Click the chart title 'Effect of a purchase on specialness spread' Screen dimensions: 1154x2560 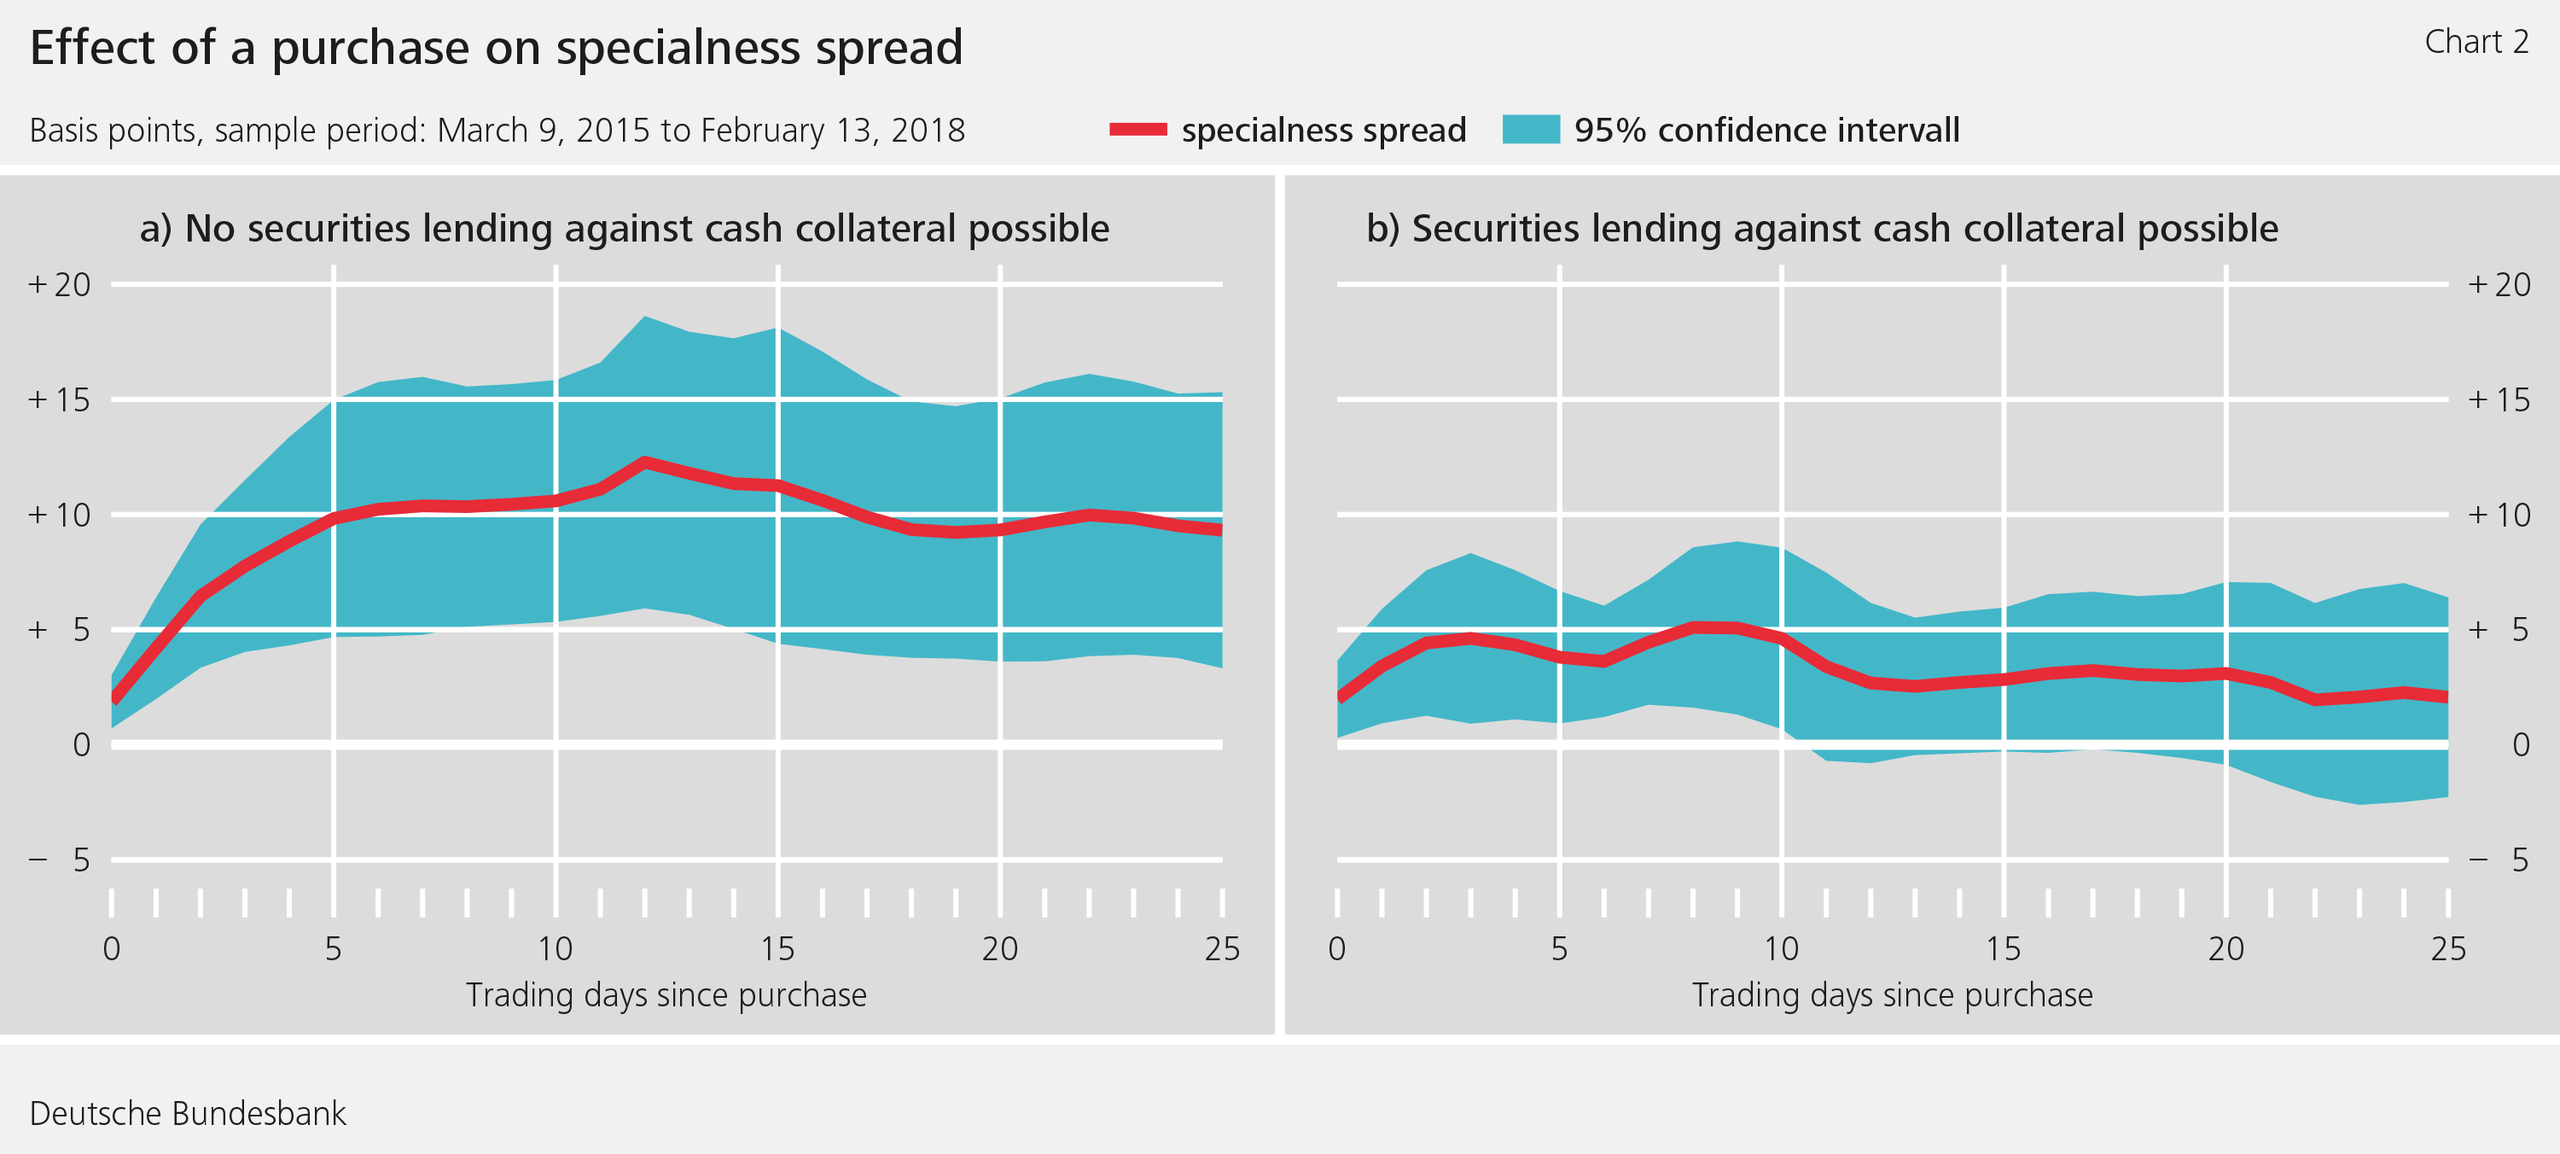(496, 48)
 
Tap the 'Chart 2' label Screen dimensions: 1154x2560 (2476, 42)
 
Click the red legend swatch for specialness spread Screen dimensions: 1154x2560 (1137, 129)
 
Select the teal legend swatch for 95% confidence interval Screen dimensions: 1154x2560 (1530, 129)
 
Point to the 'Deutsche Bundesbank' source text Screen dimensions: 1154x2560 (188, 1113)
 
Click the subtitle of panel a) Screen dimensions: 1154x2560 (624, 229)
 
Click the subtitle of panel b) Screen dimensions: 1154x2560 (1822, 229)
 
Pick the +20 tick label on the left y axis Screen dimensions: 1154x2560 (60, 285)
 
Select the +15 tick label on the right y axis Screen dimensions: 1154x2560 (2499, 399)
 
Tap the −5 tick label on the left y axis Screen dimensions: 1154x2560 (60, 860)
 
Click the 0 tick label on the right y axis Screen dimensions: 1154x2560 (2520, 744)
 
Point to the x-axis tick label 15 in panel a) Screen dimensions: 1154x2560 (777, 949)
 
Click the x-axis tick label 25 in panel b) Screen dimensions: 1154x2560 (2447, 949)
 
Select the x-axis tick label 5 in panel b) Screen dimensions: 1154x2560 (1559, 949)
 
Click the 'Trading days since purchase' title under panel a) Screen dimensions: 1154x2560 (666, 995)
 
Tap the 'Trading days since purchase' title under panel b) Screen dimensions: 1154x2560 (1892, 995)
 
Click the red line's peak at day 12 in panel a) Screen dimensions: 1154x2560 (645, 461)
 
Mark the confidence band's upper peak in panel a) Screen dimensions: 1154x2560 (645, 317)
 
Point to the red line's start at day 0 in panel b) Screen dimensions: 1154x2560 (1340, 696)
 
